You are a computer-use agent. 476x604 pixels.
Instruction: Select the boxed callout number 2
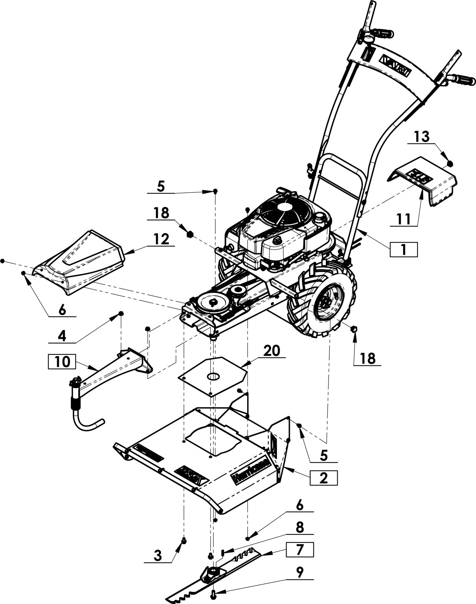pyautogui.click(x=323, y=478)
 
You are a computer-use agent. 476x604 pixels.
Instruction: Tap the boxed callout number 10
pyautogui.click(x=62, y=361)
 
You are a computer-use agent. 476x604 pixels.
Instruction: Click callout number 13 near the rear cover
pyautogui.click(x=421, y=137)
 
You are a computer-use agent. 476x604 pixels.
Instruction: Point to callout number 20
pyautogui.click(x=271, y=351)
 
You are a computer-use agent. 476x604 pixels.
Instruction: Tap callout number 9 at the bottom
pyautogui.click(x=300, y=572)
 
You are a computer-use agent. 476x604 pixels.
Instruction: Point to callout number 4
pyautogui.click(x=62, y=335)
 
